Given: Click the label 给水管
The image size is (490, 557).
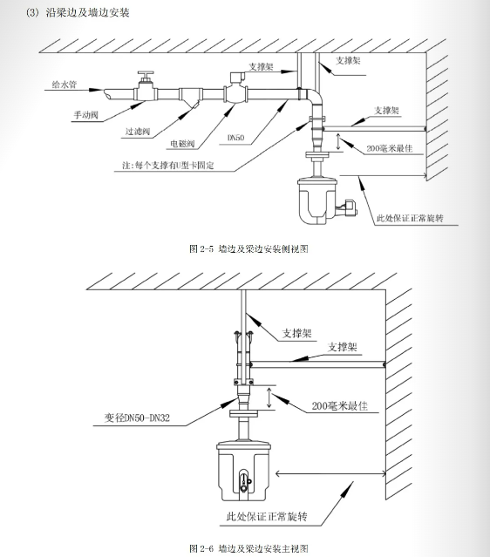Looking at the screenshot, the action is (65, 85).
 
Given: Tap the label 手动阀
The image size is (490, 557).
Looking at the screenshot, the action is (85, 115).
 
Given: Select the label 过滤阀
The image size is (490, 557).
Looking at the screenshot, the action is (138, 132).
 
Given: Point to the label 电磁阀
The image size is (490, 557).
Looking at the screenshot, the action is (182, 144).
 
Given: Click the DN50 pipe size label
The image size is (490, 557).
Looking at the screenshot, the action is (236, 138).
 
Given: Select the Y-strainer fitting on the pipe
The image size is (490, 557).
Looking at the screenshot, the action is (189, 97).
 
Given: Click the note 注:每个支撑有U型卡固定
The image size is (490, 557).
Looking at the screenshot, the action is (167, 165).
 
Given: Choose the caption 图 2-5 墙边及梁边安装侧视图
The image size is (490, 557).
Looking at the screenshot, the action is (248, 248).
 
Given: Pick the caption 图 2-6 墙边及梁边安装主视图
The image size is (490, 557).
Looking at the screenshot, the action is (248, 548).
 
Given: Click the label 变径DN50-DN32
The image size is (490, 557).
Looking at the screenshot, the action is (137, 418).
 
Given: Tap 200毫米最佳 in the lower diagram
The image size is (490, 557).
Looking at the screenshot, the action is (340, 405).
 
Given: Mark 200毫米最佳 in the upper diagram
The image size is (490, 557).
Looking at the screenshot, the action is (390, 148).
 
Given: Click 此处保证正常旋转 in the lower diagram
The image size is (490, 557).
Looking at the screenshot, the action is (267, 516).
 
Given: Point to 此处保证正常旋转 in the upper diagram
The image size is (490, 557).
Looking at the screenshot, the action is (410, 218).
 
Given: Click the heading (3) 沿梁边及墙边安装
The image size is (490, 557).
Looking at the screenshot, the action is (78, 12).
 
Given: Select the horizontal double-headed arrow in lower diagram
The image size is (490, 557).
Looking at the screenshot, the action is (330, 473).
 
